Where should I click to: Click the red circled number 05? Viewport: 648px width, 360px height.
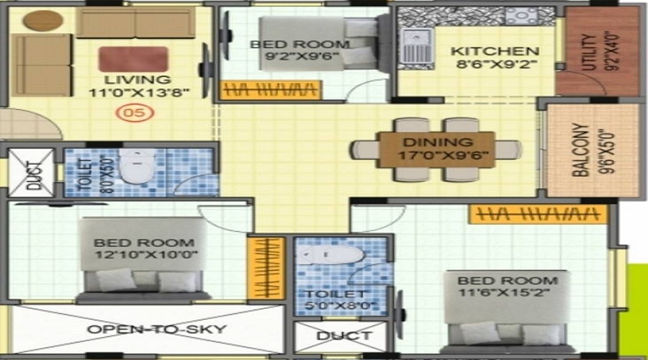pyautogui.click(x=135, y=113)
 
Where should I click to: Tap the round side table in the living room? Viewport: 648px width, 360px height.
pyautogui.click(x=43, y=21)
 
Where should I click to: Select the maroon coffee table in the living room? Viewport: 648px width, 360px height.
pyautogui.click(x=133, y=59)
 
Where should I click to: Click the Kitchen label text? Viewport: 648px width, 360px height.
pyautogui.click(x=495, y=51)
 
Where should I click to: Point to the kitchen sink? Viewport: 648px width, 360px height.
pyautogui.click(x=416, y=49)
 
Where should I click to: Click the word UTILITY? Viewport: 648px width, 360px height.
pyautogui.click(x=590, y=52)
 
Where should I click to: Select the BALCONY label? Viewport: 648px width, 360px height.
pyautogui.click(x=581, y=150)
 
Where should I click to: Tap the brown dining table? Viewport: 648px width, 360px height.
pyautogui.click(x=437, y=150)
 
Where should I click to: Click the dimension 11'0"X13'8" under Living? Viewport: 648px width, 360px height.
pyautogui.click(x=139, y=91)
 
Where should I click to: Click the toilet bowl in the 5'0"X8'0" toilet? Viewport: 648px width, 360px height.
pyautogui.click(x=331, y=256)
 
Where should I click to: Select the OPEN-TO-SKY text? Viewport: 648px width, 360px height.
pyautogui.click(x=157, y=330)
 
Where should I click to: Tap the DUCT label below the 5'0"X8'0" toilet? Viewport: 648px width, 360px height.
pyautogui.click(x=344, y=336)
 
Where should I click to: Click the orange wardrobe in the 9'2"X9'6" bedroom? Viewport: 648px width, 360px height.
pyautogui.click(x=271, y=90)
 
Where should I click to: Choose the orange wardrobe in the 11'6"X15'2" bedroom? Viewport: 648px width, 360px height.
pyautogui.click(x=538, y=215)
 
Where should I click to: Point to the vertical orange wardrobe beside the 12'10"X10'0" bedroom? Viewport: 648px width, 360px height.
pyautogui.click(x=266, y=269)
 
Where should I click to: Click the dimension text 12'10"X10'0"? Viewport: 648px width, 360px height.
pyautogui.click(x=146, y=254)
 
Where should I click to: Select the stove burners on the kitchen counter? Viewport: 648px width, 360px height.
pyautogui.click(x=521, y=17)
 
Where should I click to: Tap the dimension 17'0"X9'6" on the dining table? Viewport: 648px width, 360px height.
pyautogui.click(x=443, y=156)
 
